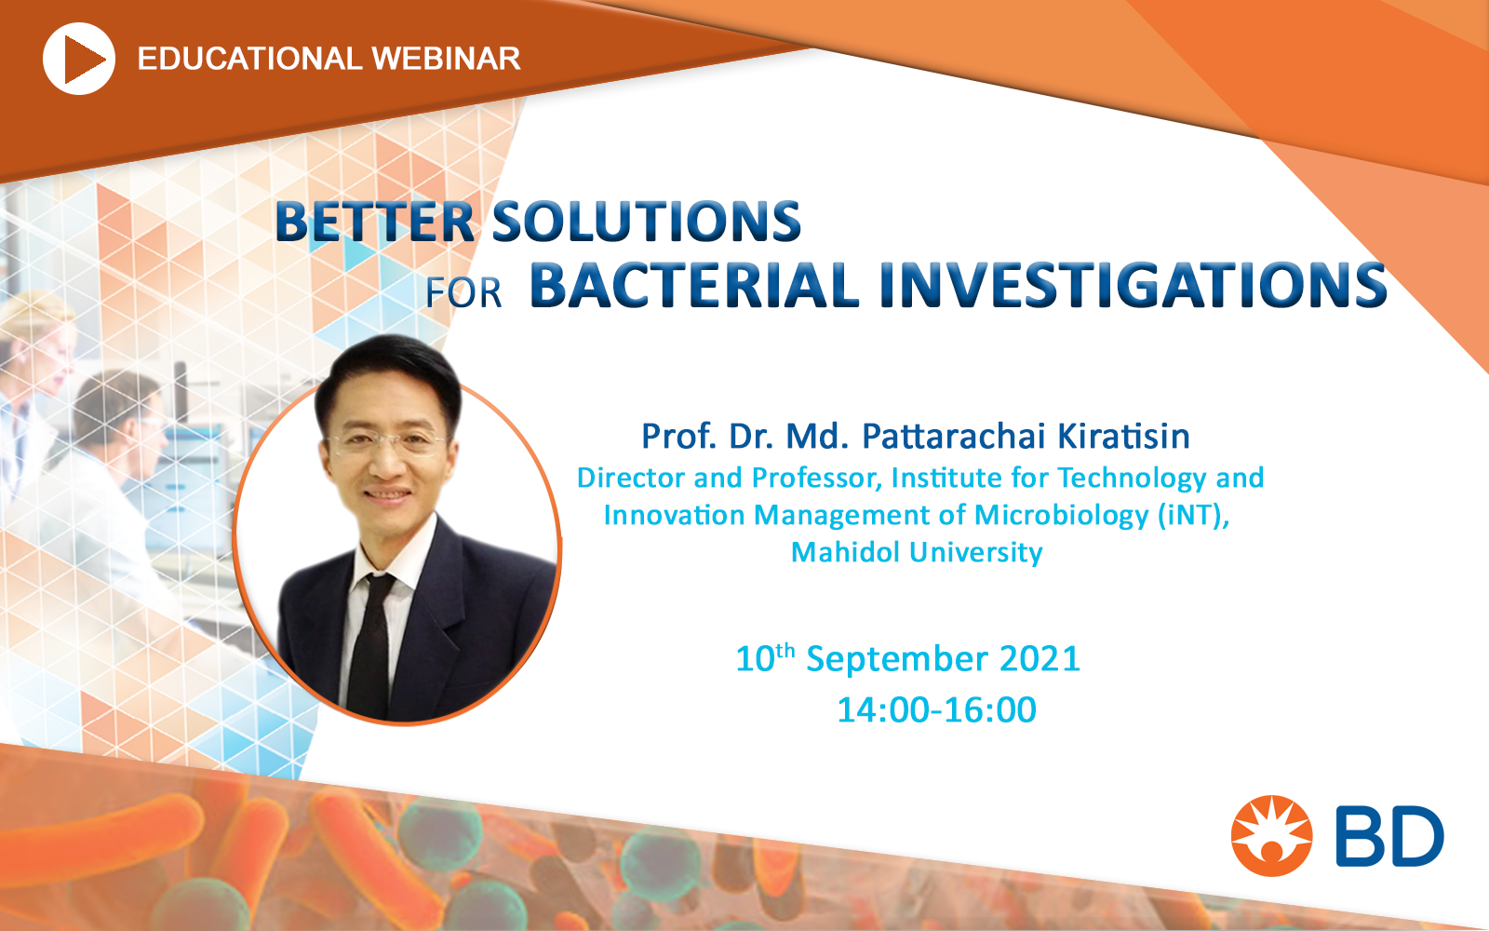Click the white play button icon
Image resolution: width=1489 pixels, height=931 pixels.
(x=78, y=59)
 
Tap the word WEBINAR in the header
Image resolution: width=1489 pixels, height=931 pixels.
(x=446, y=60)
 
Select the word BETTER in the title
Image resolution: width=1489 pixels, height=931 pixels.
(x=375, y=222)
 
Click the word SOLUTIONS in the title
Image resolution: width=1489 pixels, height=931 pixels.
(x=646, y=222)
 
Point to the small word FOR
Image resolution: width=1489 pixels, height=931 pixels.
(x=464, y=292)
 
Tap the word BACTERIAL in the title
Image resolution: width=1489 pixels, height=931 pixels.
(x=694, y=285)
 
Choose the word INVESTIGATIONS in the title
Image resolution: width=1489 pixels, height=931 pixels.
(x=1134, y=285)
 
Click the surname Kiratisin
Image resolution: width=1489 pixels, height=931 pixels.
(x=1123, y=437)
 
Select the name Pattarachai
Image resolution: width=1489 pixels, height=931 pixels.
(x=954, y=437)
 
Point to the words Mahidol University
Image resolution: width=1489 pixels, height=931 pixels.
(x=917, y=552)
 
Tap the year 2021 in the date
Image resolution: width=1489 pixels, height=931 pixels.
(x=1040, y=658)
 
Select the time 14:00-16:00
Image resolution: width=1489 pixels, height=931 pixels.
(x=936, y=709)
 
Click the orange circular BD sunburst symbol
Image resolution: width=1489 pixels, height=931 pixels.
(x=1271, y=835)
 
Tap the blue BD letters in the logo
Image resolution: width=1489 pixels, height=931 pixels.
(x=1388, y=836)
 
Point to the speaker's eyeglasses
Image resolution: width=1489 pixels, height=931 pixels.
(x=384, y=442)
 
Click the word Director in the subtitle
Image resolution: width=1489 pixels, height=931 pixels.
(x=631, y=478)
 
